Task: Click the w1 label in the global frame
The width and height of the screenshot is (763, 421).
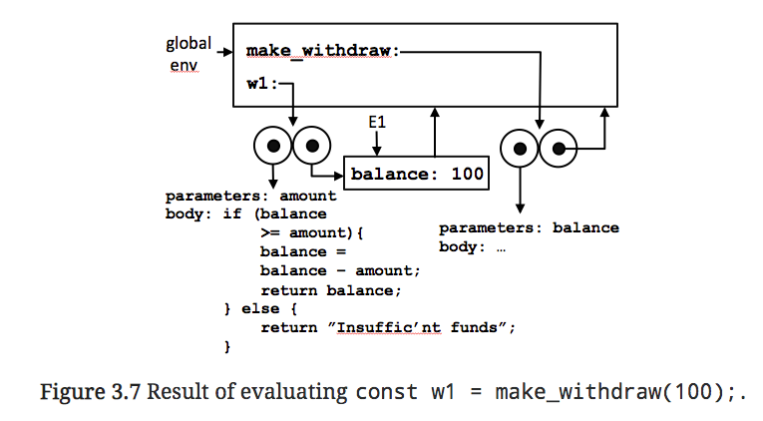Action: (256, 84)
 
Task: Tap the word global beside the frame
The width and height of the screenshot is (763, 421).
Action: (188, 44)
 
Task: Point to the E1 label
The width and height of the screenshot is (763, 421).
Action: (377, 122)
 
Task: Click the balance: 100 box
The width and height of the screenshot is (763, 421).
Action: (417, 174)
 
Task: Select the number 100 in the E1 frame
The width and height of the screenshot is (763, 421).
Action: (466, 174)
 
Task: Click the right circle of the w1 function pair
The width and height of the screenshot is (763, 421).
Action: (312, 147)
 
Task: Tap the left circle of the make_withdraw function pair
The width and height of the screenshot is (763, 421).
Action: (519, 150)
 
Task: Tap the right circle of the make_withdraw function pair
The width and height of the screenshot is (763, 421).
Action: (558, 150)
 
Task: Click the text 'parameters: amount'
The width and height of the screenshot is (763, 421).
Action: (250, 196)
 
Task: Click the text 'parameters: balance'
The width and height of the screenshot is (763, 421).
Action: (529, 228)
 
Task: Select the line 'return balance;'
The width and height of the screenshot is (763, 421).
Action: (329, 290)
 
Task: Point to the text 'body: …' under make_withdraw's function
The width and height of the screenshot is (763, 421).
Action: (473, 246)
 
